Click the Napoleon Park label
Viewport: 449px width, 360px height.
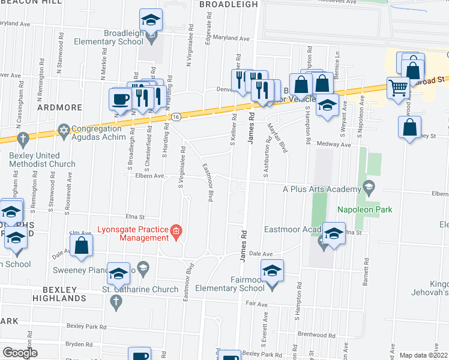click(364, 210)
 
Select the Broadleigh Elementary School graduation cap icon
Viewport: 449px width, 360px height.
click(151, 20)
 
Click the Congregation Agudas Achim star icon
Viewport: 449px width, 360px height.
click(64, 130)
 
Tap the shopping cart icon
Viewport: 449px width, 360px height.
click(397, 88)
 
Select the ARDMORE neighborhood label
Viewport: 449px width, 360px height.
click(59, 107)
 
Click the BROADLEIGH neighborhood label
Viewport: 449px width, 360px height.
click(228, 4)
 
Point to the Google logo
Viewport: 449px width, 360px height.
click(19, 353)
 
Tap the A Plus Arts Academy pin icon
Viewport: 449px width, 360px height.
click(369, 189)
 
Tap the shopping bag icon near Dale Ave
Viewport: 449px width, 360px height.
click(81, 245)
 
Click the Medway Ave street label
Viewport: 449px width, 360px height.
click(337, 145)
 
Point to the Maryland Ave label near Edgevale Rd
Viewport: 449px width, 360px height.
click(236, 38)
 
